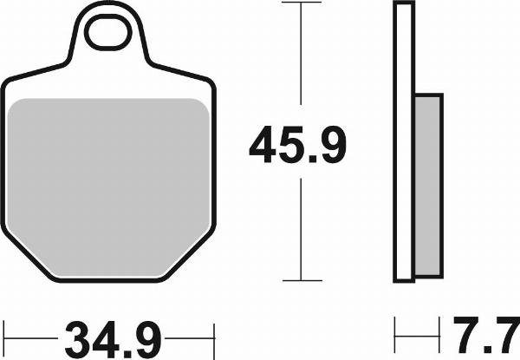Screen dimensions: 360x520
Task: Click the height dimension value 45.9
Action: pyautogui.click(x=297, y=146)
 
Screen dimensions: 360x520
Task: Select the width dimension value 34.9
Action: pyautogui.click(x=108, y=332)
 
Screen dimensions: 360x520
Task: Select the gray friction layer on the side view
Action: pyautogui.click(x=428, y=182)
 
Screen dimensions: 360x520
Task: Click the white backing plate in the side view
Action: pyautogui.click(x=401, y=143)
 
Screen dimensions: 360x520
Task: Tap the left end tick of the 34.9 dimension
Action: pyautogui.click(x=5, y=332)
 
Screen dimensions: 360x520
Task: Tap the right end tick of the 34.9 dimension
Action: pyautogui.click(x=212, y=332)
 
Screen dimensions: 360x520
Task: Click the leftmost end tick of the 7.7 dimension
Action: pyautogui.click(x=395, y=332)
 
